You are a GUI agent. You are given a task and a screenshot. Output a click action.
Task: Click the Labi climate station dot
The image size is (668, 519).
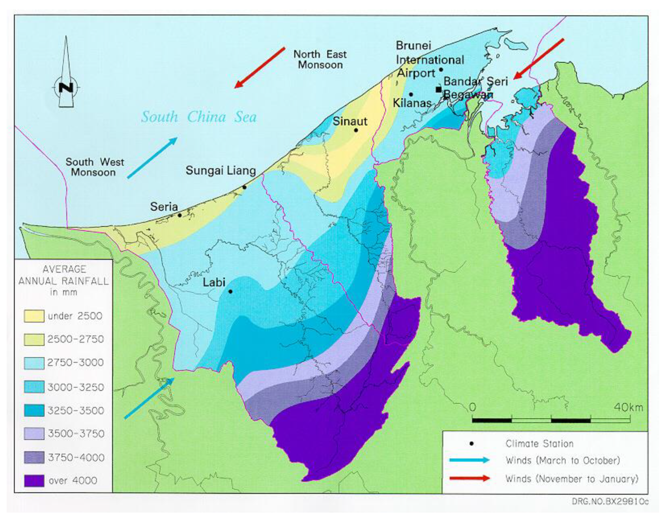point(230,291)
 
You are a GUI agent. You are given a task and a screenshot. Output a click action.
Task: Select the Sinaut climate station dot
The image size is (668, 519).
point(356,130)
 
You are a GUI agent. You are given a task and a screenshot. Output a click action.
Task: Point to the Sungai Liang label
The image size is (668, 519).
point(220,170)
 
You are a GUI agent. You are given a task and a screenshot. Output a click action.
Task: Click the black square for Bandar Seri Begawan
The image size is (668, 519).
point(439,89)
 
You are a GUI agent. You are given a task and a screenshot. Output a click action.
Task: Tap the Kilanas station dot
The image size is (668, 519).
point(411,94)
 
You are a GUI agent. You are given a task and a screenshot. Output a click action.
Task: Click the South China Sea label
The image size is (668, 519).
point(199,117)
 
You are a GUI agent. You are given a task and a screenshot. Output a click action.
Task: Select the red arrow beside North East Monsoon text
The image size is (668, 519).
point(260,68)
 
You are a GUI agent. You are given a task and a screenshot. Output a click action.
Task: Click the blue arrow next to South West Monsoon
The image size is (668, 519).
point(152,158)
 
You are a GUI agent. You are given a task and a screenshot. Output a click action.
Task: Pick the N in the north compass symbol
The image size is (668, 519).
point(66,88)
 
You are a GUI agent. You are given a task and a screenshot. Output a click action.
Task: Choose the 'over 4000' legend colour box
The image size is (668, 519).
point(34,481)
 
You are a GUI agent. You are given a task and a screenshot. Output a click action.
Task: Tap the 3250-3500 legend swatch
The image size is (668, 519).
point(34,410)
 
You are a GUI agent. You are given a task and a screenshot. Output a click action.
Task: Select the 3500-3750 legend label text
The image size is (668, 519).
point(76,434)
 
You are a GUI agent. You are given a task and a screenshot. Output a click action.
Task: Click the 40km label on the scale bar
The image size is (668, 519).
point(628,407)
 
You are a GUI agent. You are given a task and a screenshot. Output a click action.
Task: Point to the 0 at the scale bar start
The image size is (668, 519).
point(473,407)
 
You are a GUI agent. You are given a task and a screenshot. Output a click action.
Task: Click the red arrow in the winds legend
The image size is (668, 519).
point(469,478)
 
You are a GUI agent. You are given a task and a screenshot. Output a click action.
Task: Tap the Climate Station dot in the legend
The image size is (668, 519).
point(471,443)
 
